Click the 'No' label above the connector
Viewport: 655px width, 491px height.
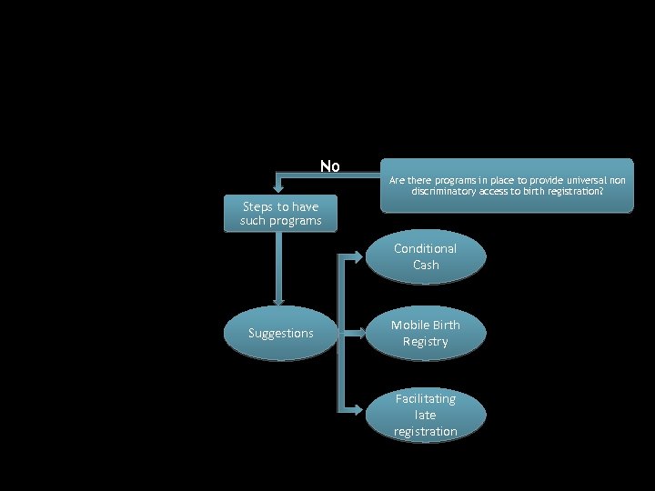329,166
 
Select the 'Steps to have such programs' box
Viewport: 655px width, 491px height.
280,214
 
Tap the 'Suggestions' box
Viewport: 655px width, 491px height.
280,333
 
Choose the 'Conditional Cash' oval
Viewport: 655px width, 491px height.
425,256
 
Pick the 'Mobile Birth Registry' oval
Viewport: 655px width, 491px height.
425,333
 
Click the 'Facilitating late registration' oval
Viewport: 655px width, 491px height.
425,415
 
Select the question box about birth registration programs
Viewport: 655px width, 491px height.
507,185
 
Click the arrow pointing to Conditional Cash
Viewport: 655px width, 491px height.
355,256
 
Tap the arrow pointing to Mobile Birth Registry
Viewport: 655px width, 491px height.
355,333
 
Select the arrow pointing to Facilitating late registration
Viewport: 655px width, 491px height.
355,411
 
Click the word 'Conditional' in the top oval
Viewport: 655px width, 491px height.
425,248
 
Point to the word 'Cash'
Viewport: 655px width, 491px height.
425,265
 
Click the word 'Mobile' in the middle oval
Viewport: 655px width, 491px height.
412,325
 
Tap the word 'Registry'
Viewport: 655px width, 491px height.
425,341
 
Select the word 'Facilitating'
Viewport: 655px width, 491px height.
425,398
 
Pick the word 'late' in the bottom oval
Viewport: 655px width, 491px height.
425,415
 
